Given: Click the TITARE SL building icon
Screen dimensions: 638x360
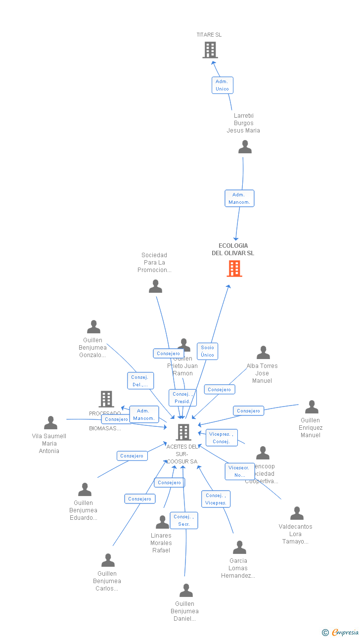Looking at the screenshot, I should tap(210, 50).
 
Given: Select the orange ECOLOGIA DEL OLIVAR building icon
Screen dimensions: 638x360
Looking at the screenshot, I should tap(234, 269).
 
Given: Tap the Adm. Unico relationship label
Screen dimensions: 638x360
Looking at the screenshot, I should tap(222, 85).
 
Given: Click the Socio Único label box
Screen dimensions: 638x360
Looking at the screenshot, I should tap(207, 351).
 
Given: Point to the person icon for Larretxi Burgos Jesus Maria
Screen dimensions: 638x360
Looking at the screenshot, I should tap(245, 147).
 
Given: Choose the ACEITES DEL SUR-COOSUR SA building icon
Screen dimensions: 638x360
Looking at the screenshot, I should tap(183, 432).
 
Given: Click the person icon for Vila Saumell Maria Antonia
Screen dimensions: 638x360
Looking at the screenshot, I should tap(50, 423).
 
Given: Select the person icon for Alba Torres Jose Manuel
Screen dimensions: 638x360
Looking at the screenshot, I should tap(263, 353).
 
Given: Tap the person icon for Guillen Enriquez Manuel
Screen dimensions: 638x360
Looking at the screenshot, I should tap(312, 407).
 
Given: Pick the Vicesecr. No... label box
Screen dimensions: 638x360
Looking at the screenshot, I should tap(240, 471).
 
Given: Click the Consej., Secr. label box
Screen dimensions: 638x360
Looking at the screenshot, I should tap(184, 520).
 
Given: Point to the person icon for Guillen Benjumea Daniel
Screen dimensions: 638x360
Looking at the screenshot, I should tap(186, 591).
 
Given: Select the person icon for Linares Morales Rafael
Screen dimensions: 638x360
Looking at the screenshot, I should tap(162, 522).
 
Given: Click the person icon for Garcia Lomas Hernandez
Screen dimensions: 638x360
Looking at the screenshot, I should tap(239, 547).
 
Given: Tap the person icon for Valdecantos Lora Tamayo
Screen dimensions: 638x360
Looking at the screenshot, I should tap(297, 513).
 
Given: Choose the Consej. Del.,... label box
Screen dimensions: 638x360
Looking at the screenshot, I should tap(140, 381).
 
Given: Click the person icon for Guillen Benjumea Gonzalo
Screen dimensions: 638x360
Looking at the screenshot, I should tap(93, 327).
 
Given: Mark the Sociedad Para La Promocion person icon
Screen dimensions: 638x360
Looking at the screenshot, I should tap(155, 286).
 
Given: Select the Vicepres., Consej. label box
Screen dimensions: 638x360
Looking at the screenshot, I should tap(222, 438).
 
